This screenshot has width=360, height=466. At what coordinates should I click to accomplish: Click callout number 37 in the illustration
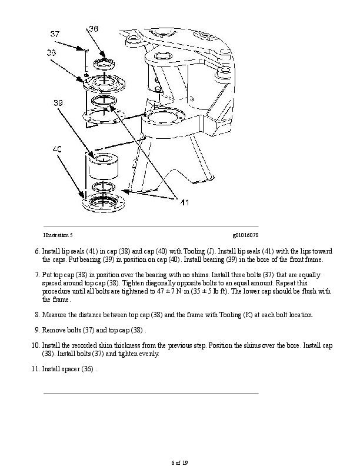tap(54, 34)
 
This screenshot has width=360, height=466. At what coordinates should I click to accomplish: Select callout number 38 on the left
tap(52, 53)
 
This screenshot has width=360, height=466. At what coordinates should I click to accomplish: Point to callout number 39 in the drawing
tap(58, 102)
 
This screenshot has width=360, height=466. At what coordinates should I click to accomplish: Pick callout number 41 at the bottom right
tap(184, 203)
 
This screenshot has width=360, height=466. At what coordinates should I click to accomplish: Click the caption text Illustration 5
tap(58, 235)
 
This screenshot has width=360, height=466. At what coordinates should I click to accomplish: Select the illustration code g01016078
tap(245, 235)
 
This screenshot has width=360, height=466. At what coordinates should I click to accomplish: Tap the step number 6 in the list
tap(37, 251)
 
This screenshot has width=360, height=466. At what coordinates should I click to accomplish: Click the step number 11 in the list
tap(35, 370)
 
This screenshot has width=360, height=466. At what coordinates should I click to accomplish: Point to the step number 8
tap(37, 315)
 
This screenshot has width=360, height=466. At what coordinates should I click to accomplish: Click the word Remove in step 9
tap(52, 330)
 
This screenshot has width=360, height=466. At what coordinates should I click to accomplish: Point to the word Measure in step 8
tap(55, 315)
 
